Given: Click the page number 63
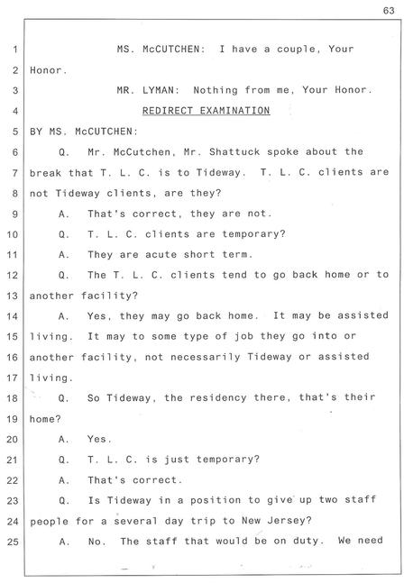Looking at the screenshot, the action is tap(389, 11).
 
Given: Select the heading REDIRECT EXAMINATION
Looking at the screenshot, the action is tap(207, 111).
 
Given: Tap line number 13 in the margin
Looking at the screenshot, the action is tap(13, 296).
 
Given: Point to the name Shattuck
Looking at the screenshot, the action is tap(234, 152).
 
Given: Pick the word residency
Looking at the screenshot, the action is tap(218, 398).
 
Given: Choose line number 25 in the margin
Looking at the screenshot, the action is tap(13, 542).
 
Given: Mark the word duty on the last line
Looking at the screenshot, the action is tap(307, 542).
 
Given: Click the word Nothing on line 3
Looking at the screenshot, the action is tap(216, 90).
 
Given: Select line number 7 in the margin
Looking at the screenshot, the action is tap(15, 173).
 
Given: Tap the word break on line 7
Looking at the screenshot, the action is tap(45, 173).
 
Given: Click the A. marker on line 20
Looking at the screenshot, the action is tap(64, 440).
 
